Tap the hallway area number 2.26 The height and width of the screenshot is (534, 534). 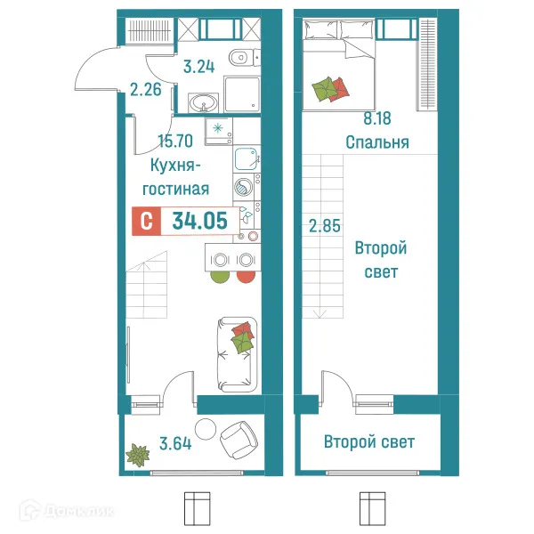point(144,89)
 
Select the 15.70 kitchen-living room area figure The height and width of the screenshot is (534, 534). point(174,139)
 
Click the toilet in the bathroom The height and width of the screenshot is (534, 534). point(239,60)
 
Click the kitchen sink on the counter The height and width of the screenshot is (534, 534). point(247,159)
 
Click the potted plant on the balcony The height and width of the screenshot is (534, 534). point(138,456)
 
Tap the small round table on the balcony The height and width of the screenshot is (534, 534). point(206,427)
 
